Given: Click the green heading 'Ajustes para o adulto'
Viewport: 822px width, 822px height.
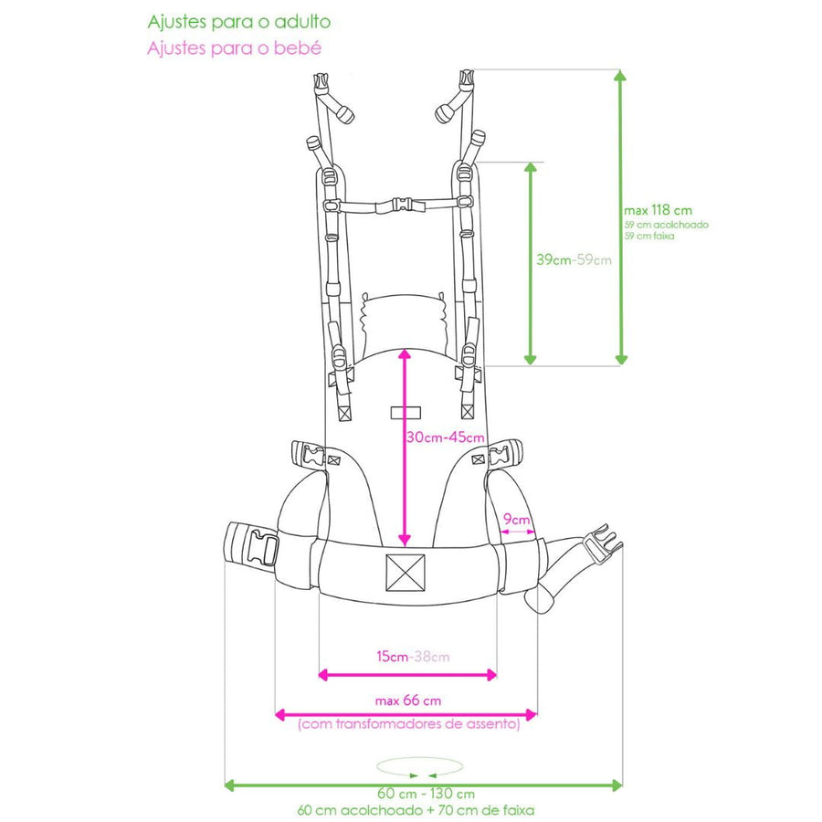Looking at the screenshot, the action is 239,23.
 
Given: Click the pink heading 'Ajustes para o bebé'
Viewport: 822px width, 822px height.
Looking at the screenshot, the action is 234,48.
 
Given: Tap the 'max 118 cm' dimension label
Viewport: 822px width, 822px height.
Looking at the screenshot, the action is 658,211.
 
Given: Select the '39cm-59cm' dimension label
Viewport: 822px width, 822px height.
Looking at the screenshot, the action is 574,259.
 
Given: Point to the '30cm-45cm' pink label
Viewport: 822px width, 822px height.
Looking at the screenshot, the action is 446,437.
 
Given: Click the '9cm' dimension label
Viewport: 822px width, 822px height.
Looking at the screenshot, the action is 516,520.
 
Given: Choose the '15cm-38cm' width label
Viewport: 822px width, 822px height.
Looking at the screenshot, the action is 413,657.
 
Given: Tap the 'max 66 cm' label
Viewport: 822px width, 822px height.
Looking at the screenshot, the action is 408,701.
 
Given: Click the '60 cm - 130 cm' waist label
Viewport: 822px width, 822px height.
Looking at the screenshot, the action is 426,794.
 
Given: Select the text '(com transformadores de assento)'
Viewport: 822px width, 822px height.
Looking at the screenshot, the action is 409,724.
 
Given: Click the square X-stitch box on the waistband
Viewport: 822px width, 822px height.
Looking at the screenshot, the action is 406,573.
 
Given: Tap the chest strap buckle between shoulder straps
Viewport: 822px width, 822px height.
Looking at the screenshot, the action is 402,205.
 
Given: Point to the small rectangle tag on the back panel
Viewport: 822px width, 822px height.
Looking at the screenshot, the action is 406,413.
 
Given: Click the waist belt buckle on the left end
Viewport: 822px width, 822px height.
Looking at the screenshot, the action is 264,548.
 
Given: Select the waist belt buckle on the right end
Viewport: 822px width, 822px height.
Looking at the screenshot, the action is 603,543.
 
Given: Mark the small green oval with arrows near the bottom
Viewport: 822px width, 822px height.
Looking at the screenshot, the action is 420,767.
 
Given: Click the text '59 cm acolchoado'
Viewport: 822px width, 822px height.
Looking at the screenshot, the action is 667,225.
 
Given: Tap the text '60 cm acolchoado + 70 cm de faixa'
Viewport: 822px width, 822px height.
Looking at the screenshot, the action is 416,810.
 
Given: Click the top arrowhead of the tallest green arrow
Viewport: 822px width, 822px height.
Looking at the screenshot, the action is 621,75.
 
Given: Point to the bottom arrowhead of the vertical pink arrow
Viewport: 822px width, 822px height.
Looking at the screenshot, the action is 405,540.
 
